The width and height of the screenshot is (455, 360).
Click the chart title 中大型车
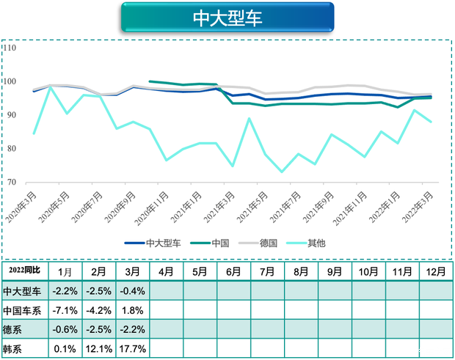click(227, 18)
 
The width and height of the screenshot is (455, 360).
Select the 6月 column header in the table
click(234, 271)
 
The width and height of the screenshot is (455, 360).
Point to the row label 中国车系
click(22, 310)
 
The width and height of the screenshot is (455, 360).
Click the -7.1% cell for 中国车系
click(65, 310)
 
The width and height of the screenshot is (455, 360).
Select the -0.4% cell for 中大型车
click(131, 291)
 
